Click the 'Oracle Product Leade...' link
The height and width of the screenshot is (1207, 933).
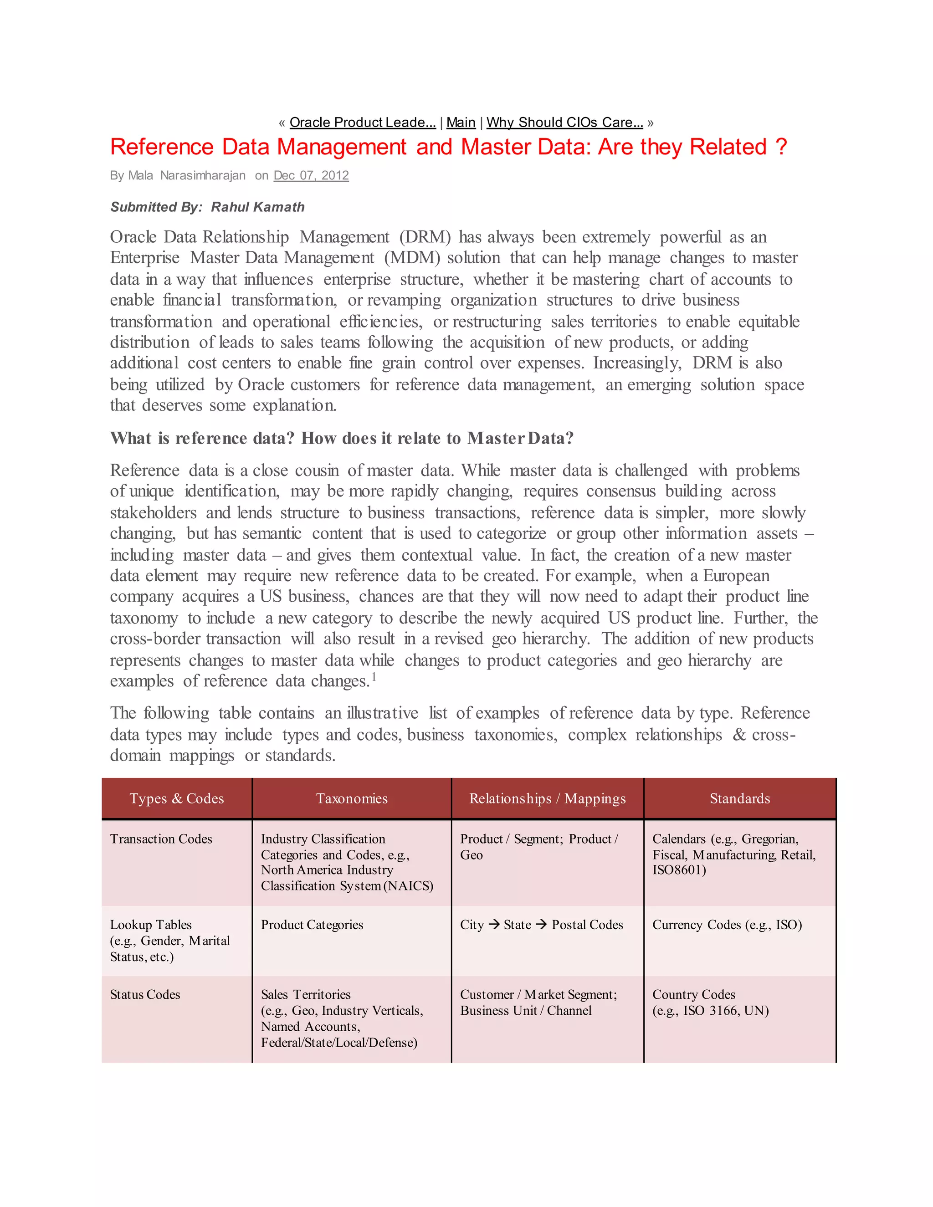tap(362, 122)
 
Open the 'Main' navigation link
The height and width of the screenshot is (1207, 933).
tap(461, 122)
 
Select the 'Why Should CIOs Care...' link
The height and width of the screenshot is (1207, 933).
tap(564, 122)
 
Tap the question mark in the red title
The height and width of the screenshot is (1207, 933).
tap(780, 148)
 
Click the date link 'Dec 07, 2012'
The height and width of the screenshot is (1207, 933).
tap(311, 175)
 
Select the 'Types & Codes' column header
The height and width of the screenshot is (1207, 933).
tap(176, 798)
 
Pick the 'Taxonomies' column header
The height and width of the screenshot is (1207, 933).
tap(352, 798)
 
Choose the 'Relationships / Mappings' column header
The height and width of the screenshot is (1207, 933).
tap(547, 798)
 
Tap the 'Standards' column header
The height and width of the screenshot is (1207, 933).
tap(739, 798)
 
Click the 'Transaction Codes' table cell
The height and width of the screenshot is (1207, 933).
tap(161, 839)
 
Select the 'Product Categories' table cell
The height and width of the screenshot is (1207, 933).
tap(312, 925)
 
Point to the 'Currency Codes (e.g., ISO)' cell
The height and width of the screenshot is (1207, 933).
tap(727, 925)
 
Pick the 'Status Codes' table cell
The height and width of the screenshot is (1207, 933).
tap(145, 994)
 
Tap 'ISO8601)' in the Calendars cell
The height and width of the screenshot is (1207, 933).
tap(679, 870)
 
